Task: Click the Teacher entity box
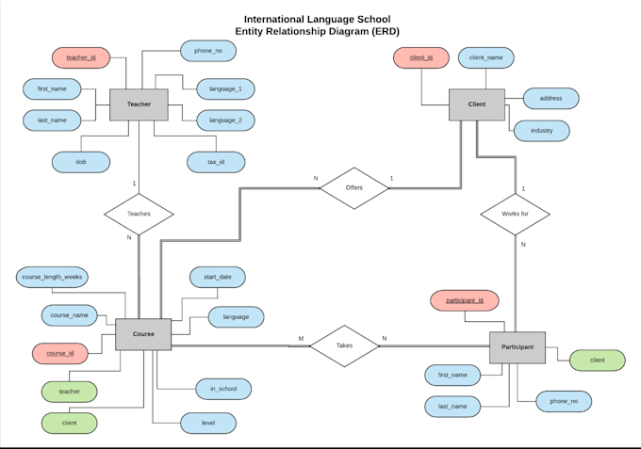139,104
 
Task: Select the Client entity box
476,104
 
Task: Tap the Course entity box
143,334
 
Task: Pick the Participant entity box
518,347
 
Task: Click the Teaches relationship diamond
139,214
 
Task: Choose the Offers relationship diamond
353,187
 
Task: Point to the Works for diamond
515,214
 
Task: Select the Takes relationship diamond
344,345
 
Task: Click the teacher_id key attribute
81,57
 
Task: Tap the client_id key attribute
421,57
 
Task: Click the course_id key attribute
60,354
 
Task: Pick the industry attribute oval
542,129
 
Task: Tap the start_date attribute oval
218,277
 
